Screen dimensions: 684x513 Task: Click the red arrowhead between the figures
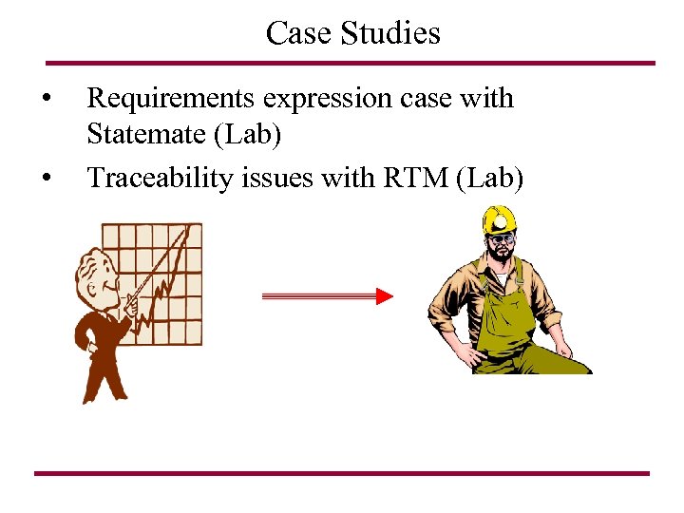pyautogui.click(x=384, y=297)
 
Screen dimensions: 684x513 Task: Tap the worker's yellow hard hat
pyautogui.click(x=499, y=221)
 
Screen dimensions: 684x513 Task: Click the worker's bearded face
pyautogui.click(x=501, y=249)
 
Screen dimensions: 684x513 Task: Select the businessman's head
pyautogui.click(x=94, y=271)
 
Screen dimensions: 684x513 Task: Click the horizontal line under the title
pyautogui.click(x=351, y=64)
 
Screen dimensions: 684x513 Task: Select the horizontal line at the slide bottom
pyautogui.click(x=342, y=473)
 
